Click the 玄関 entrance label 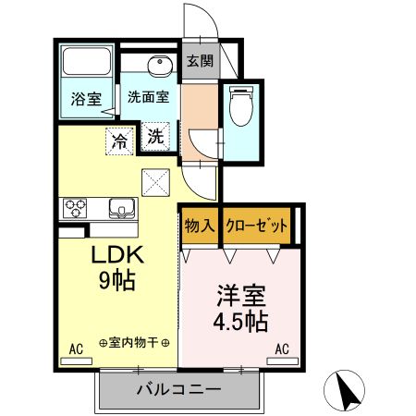200,62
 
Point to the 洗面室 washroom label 148,96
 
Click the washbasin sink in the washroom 159,67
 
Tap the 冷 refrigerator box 120,141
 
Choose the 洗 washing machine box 156,136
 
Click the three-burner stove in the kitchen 74,207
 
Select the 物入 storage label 200,226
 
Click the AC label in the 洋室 282,349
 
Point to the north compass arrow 349,390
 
